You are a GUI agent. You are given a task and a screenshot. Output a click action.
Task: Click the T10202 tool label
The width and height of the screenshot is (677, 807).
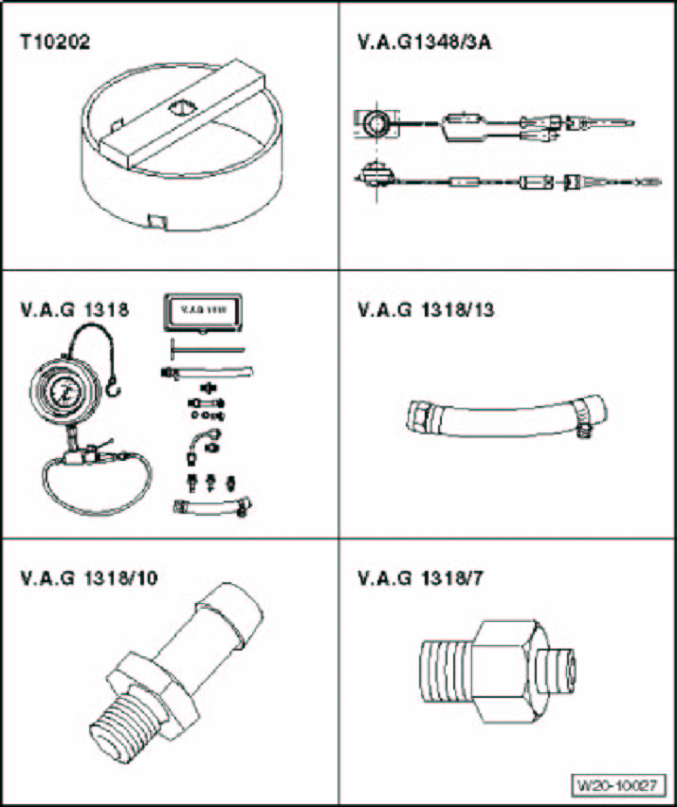click(x=56, y=44)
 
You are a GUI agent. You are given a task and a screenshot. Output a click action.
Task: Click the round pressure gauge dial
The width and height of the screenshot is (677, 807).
click(x=62, y=392)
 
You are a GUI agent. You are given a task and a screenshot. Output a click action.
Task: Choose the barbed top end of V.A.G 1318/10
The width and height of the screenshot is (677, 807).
click(x=229, y=601)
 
